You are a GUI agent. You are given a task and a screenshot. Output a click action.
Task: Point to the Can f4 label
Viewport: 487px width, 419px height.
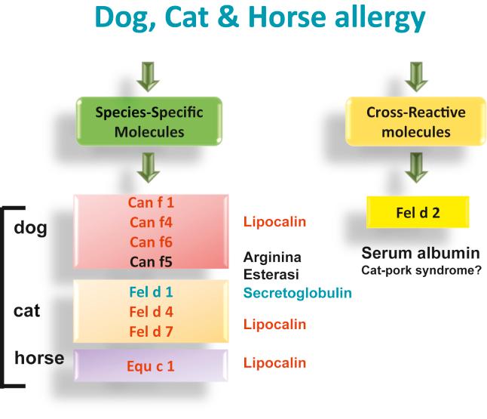pyautogui.click(x=152, y=223)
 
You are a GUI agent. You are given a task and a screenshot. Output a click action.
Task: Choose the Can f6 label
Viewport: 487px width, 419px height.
pyautogui.click(x=152, y=242)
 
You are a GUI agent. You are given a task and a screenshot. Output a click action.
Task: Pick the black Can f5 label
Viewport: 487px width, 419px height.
pyautogui.click(x=152, y=262)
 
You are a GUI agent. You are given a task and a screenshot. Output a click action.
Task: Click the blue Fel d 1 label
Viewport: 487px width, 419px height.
pyautogui.click(x=152, y=290)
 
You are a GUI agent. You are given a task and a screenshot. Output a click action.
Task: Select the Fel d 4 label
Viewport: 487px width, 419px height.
pyautogui.click(x=152, y=310)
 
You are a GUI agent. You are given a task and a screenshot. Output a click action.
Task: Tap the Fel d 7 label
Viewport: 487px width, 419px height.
pyautogui.click(x=152, y=329)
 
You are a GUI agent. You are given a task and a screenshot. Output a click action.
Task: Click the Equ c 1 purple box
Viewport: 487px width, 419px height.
pyautogui.click(x=152, y=366)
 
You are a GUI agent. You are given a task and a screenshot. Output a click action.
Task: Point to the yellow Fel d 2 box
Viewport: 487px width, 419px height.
pyautogui.click(x=418, y=212)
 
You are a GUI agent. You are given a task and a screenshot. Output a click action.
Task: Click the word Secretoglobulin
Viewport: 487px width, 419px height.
pyautogui.click(x=297, y=292)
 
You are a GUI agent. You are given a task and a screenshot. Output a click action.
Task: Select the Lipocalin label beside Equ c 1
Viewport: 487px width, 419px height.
pyautogui.click(x=274, y=363)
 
